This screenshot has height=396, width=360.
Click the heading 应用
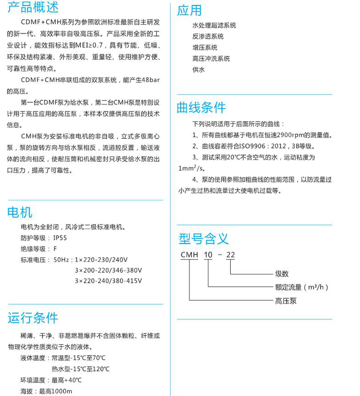(x=190, y=10)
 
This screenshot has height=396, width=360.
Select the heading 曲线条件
(x=201, y=107)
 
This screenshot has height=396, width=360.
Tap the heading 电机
(x=20, y=212)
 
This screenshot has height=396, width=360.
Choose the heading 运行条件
(x=33, y=318)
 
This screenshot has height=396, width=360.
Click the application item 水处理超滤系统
(x=214, y=25)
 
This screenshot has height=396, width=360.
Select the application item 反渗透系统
(x=208, y=36)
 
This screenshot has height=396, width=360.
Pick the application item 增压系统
(x=204, y=47)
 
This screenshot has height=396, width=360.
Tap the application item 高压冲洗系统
(x=211, y=59)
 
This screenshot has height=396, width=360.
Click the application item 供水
(x=198, y=70)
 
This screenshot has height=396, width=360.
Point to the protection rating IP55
(x=60, y=238)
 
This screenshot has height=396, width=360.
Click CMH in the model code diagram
(x=189, y=254)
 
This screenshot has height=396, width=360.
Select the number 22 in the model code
(x=230, y=254)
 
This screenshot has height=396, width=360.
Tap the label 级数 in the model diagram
(x=282, y=273)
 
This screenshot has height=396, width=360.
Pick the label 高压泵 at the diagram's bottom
(x=286, y=301)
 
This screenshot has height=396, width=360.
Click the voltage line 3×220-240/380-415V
(x=108, y=281)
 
